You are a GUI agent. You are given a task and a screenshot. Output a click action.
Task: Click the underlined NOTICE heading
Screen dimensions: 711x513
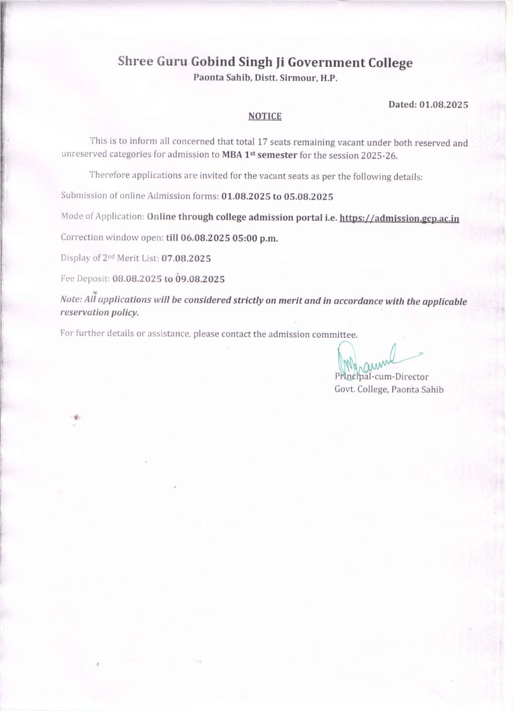tap(265, 116)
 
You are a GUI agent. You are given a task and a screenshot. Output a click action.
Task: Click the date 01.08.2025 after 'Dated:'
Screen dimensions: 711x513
tap(444, 104)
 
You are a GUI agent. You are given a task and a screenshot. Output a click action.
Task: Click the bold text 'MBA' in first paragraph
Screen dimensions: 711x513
tap(232, 156)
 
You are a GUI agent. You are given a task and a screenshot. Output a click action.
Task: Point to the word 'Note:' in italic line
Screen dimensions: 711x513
tap(71, 299)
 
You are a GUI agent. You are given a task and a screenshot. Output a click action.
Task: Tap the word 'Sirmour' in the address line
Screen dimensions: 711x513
tap(296, 78)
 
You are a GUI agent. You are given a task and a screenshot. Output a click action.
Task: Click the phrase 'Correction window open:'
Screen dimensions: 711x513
tap(112, 238)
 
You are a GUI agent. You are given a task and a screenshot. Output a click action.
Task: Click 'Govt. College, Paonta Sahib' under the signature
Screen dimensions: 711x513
tap(389, 389)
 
